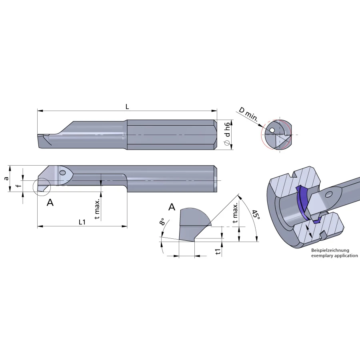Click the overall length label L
(127, 106)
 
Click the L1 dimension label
(82, 222)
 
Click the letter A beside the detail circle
(50, 203)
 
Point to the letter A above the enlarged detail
(172, 207)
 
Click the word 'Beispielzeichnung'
(330, 250)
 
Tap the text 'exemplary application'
(334, 256)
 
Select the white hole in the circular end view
(272, 130)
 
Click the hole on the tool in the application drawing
(329, 194)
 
